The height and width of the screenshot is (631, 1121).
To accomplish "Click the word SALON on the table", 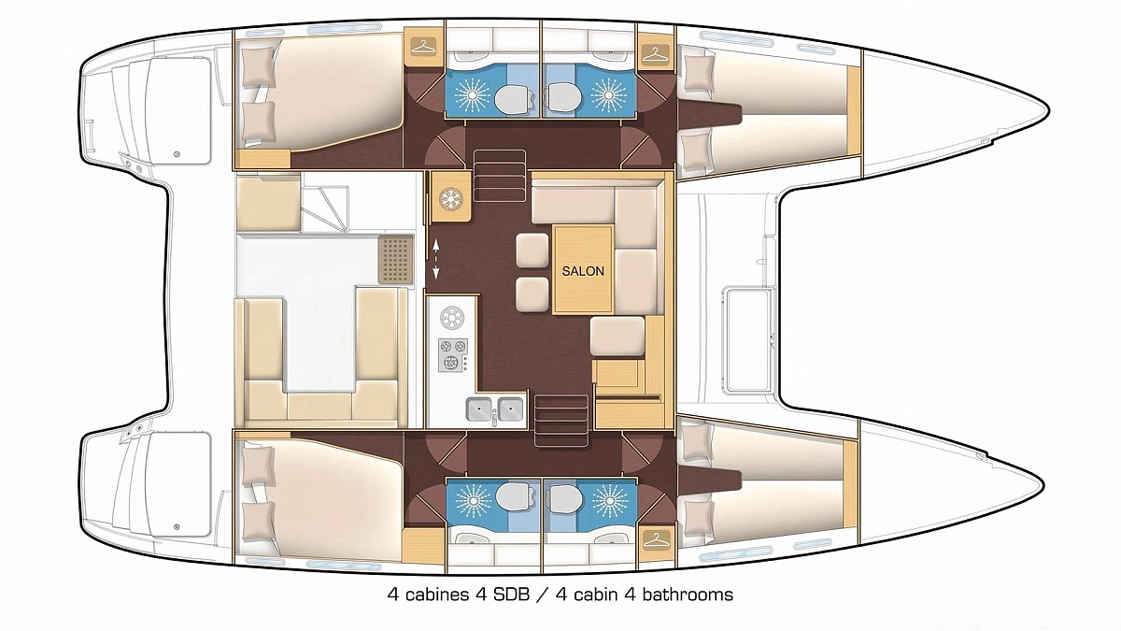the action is pyautogui.click(x=583, y=271).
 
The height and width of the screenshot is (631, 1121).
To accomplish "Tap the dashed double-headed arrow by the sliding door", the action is pyautogui.click(x=436, y=259).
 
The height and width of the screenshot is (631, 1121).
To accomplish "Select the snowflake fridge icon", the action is pyautogui.click(x=451, y=199).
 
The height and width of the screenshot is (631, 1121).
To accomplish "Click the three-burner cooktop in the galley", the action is pyautogui.click(x=453, y=354).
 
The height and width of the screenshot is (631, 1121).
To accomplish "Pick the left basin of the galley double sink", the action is pyautogui.click(x=479, y=409).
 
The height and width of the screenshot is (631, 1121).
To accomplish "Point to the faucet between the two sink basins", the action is pyautogui.click(x=494, y=417).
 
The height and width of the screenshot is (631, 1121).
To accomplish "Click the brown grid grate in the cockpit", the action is pyautogui.click(x=395, y=260).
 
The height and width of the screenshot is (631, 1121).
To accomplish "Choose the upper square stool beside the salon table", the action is pyautogui.click(x=532, y=250).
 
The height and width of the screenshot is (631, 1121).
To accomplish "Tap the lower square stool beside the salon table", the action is pyautogui.click(x=532, y=294).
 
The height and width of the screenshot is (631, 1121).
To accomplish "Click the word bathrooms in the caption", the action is pyautogui.click(x=688, y=595).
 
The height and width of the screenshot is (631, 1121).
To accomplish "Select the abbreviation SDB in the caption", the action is pyautogui.click(x=511, y=595).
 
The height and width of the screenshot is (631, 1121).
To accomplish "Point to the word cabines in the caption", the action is pyautogui.click(x=437, y=595).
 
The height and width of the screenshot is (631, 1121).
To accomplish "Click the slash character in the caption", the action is pyautogui.click(x=542, y=595).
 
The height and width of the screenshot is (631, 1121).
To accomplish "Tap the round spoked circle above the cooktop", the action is pyautogui.click(x=452, y=318).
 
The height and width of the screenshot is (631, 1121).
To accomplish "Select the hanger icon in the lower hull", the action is pyautogui.click(x=656, y=539).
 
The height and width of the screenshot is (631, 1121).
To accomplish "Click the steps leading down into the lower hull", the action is pyautogui.click(x=561, y=420).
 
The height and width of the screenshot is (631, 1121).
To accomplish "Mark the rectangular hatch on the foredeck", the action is pyautogui.click(x=748, y=339).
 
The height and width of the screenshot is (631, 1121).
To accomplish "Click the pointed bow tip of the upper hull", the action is pyautogui.click(x=1048, y=110).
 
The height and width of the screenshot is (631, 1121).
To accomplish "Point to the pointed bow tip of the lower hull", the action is pyautogui.click(x=1043, y=485).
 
